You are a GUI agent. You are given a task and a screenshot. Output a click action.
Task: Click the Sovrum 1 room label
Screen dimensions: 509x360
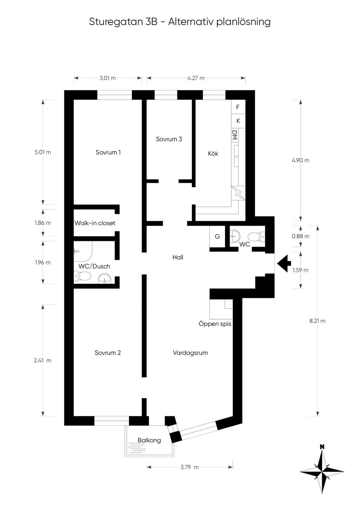point(108,152)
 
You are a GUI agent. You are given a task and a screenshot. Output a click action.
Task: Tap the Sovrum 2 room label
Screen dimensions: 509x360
point(108,353)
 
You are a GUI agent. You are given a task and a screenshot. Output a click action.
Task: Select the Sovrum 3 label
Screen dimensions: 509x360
point(169,139)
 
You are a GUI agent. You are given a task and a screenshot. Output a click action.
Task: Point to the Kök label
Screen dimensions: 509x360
point(213,154)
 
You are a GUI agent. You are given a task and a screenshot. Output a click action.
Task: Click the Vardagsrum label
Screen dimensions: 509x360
point(190,353)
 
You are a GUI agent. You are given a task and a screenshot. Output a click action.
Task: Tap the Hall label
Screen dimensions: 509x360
point(178,257)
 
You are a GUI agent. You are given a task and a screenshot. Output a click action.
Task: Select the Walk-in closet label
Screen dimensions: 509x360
point(95,223)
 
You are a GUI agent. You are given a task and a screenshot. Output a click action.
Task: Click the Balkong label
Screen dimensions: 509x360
point(149,440)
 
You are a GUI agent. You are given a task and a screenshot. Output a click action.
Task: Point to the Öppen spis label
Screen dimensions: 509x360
point(215,324)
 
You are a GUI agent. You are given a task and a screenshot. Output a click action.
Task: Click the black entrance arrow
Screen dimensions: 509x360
point(284,263)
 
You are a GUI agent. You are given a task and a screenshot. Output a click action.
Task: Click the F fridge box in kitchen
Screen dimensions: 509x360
point(238,107)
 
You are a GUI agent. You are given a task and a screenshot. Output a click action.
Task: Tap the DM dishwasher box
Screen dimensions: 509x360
point(234,135)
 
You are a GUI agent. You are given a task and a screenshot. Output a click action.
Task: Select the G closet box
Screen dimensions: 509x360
point(217,236)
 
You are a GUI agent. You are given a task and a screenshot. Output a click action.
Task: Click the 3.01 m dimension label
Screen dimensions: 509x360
point(108,78)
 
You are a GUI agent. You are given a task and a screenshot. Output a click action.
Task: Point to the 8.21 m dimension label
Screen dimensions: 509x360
point(317,321)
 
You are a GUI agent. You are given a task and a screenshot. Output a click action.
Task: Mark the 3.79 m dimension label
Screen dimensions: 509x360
point(189,467)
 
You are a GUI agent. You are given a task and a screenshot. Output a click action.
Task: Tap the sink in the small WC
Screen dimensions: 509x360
point(235,235)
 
